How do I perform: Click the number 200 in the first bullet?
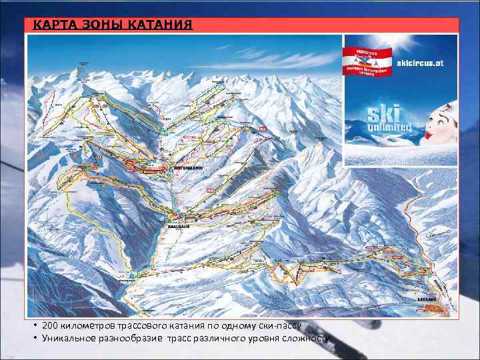[50, 326]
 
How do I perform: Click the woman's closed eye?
[441, 121]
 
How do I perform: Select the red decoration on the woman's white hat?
[451, 105]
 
